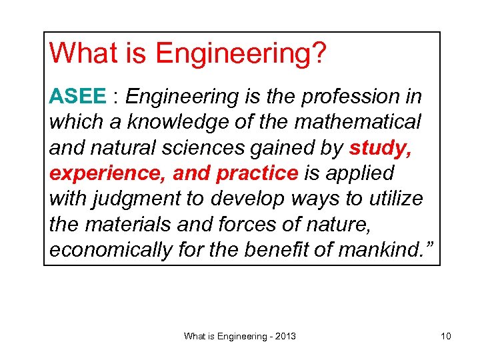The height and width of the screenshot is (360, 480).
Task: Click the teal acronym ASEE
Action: (x=77, y=97)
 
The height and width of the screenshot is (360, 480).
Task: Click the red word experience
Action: (x=107, y=173)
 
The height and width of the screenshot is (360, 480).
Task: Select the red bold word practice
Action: (x=257, y=173)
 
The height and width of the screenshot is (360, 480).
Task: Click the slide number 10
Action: (x=446, y=337)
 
